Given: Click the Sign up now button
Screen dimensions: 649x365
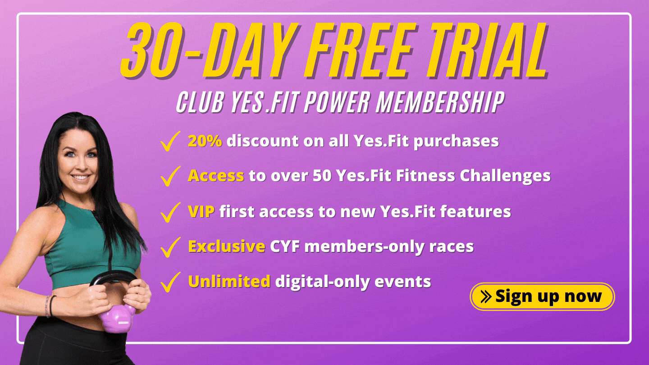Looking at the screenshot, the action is [542, 297].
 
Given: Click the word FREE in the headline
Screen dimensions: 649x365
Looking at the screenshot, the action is [358, 49].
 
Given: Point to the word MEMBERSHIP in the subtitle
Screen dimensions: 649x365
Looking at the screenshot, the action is [440, 101].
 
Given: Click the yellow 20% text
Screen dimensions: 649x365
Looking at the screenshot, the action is [205, 141].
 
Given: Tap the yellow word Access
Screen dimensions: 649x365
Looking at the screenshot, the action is [216, 176].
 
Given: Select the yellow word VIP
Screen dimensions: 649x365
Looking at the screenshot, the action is [201, 211].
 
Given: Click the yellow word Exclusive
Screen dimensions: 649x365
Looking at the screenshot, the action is [227, 246].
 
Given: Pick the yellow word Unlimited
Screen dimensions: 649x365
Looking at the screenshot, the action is [229, 281].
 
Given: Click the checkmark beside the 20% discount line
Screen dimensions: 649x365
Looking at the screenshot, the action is [170, 141].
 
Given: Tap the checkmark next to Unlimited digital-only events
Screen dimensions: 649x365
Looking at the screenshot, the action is [170, 282].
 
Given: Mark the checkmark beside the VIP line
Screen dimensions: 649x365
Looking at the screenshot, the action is [170, 212].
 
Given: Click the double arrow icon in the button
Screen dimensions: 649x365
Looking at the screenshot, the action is [486, 297].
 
